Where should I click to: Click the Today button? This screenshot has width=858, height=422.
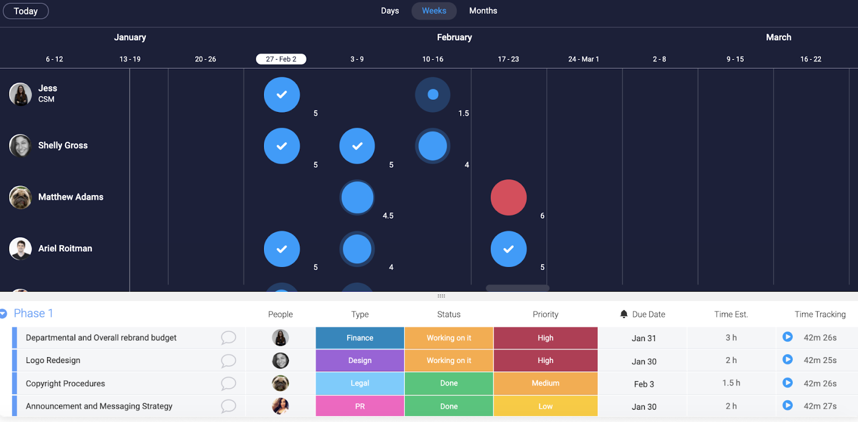[x=26, y=11]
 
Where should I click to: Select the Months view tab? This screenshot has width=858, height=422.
[x=483, y=11]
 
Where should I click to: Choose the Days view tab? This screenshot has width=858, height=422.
[x=390, y=11]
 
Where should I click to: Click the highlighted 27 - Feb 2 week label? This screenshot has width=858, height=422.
[x=281, y=59]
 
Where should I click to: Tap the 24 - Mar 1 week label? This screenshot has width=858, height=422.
[x=583, y=59]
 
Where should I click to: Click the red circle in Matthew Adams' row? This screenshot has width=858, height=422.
[x=508, y=197]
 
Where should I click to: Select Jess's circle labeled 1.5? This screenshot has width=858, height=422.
[x=433, y=95]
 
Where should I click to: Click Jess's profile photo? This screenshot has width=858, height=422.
[x=20, y=94]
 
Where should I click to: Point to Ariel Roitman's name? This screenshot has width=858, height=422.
[x=65, y=248]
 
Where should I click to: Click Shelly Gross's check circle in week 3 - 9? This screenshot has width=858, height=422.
[x=357, y=146]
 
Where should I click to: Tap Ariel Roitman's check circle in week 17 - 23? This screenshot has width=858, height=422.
[x=508, y=249]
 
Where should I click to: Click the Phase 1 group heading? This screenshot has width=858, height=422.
[x=33, y=313]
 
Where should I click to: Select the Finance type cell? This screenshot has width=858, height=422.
[x=360, y=338]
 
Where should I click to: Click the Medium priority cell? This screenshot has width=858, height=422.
[x=545, y=383]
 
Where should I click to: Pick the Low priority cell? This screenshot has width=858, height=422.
[x=545, y=406]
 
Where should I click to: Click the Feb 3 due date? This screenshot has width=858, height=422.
[x=643, y=384]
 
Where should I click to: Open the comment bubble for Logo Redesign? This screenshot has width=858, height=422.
[x=228, y=360]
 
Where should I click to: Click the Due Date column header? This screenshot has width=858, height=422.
[x=648, y=314]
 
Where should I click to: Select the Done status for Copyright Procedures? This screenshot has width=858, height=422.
[x=449, y=383]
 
